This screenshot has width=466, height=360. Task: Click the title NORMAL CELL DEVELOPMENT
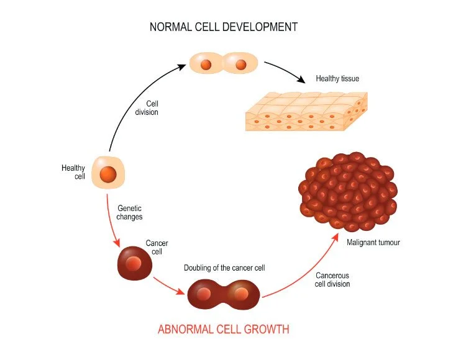tap(224, 27)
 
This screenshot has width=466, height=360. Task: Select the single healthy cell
tap(109, 173)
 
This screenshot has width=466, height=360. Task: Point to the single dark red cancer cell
tap(135, 264)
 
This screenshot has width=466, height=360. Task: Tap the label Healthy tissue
tap(337, 79)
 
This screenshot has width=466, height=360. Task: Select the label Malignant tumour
tap(373, 242)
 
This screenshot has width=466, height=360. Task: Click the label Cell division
tap(147, 107)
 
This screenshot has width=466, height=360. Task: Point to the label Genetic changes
tap(130, 212)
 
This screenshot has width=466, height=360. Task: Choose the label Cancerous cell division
tap(332, 279)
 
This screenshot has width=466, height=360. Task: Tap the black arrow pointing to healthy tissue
tap(285, 72)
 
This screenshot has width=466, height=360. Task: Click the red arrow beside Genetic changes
tap(112, 220)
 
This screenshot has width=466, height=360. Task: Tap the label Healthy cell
tap(72, 172)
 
